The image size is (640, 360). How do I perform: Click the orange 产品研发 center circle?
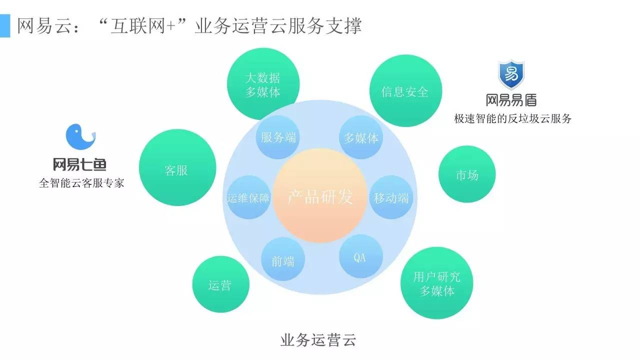(320, 196)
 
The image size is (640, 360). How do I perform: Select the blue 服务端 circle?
(278, 137)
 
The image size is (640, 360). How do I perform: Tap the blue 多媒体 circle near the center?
(361, 137)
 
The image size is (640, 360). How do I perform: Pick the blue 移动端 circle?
(391, 197)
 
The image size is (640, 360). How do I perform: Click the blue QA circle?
(360, 257)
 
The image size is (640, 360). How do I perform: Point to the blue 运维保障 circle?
(248, 197)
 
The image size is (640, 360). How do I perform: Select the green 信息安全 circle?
(405, 91)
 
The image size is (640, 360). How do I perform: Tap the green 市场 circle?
(466, 174)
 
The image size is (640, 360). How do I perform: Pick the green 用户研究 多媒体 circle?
(437, 283)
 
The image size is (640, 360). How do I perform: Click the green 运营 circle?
(220, 284)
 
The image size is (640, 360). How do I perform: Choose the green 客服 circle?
(177, 170)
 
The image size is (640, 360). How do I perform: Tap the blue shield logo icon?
(511, 75)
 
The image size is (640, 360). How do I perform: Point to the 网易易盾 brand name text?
(511, 100)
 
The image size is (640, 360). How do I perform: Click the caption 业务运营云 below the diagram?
(318, 340)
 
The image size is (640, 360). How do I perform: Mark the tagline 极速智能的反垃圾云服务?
(512, 119)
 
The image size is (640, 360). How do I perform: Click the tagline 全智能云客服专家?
(81, 183)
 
